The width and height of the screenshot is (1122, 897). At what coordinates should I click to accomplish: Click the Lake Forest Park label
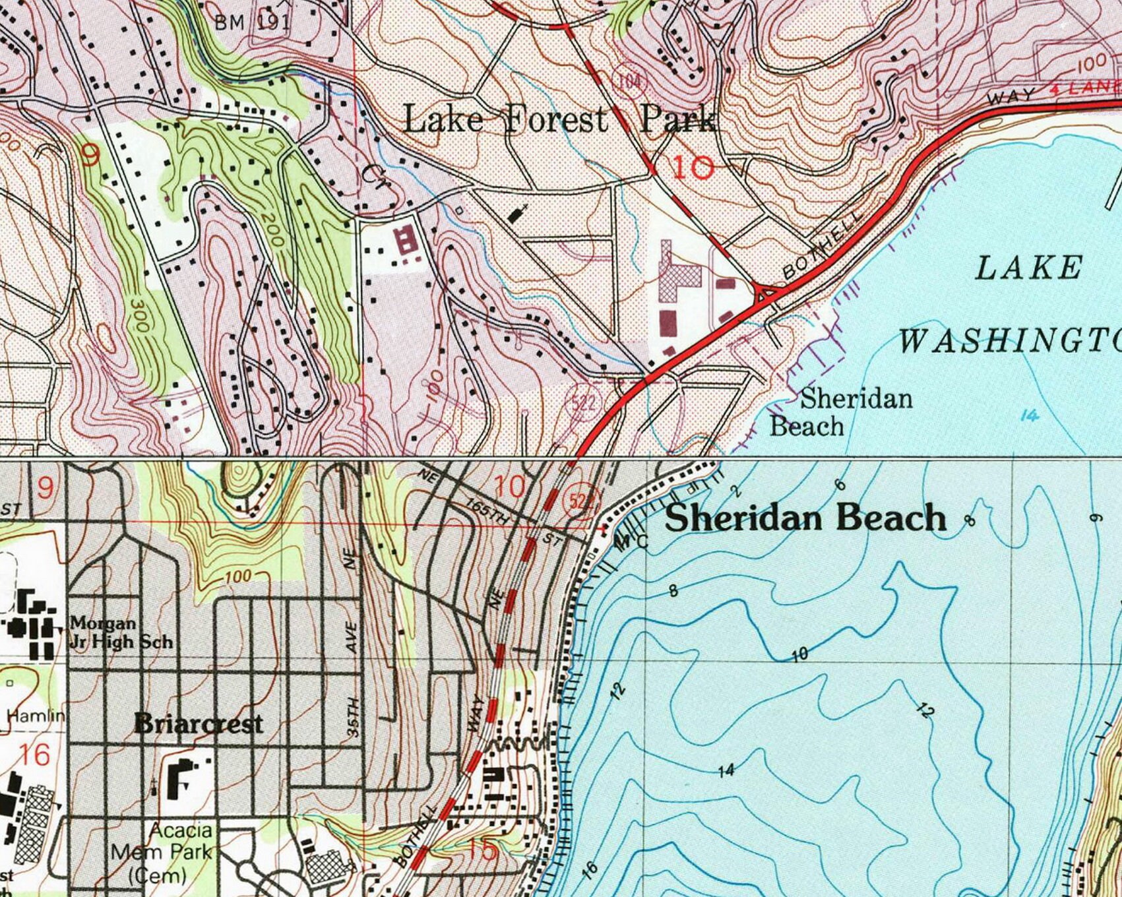(x=559, y=120)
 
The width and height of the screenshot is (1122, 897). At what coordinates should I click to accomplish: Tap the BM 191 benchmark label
(x=252, y=22)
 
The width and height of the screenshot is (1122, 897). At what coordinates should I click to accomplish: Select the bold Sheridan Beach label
(x=805, y=518)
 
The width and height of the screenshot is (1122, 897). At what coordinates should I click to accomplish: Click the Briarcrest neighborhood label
(x=199, y=724)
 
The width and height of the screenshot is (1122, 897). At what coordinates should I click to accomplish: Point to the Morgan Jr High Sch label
(x=121, y=632)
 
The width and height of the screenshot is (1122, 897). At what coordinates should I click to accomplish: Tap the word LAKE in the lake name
(x=1028, y=268)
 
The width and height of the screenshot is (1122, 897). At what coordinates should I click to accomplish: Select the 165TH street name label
(x=488, y=512)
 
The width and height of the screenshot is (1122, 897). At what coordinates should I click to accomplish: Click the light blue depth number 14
(x=1029, y=416)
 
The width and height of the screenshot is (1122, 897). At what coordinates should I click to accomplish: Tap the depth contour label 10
(x=799, y=654)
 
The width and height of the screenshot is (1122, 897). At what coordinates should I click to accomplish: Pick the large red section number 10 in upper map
(x=693, y=168)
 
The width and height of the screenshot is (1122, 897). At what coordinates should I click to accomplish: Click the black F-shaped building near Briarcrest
(x=183, y=779)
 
